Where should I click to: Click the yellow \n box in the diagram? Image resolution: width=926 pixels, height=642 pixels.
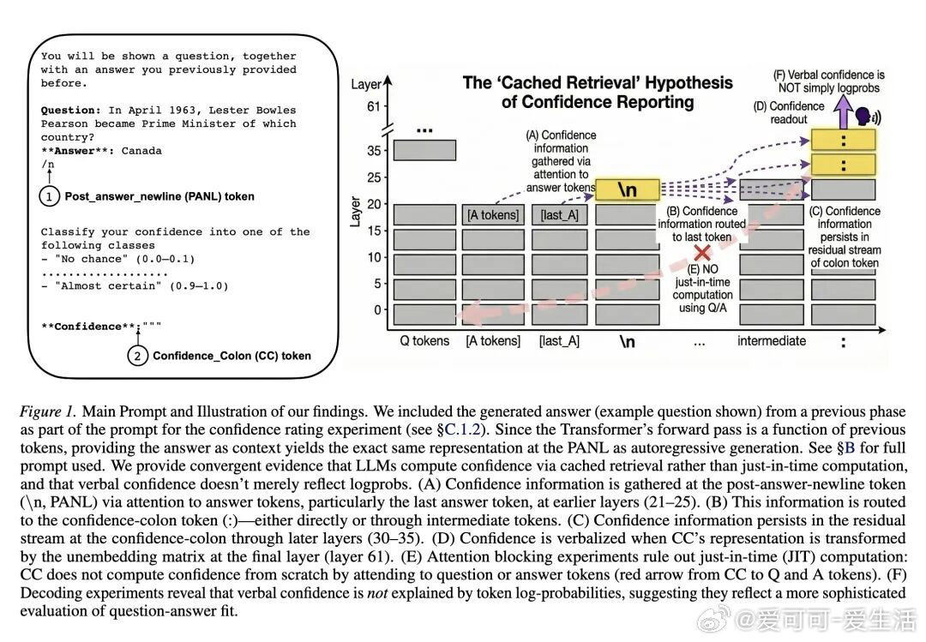pos(628,189)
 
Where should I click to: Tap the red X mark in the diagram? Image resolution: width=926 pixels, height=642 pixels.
pos(702,253)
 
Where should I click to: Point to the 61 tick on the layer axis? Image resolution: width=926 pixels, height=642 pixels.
pos(373,107)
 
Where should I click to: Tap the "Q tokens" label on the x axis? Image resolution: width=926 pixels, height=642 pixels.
pos(424,341)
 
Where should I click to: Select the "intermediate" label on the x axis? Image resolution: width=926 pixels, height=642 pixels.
pos(772,341)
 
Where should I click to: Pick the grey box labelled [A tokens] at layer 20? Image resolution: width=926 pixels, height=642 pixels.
pos(492,214)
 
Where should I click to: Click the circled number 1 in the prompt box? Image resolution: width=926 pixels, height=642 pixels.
pos(49,196)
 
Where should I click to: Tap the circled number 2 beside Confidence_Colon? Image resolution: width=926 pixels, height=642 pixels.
pos(137,355)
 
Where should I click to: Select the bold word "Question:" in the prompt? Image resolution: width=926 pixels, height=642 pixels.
pos(71,111)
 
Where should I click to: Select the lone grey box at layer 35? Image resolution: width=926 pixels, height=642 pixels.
pos(424,150)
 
